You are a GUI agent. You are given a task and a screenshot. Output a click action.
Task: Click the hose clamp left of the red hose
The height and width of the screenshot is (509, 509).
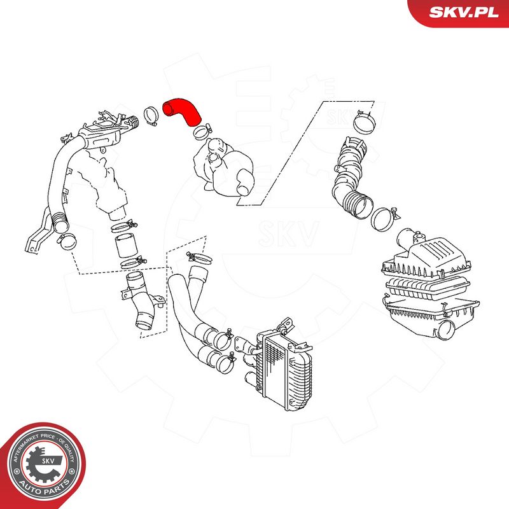[151, 116]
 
